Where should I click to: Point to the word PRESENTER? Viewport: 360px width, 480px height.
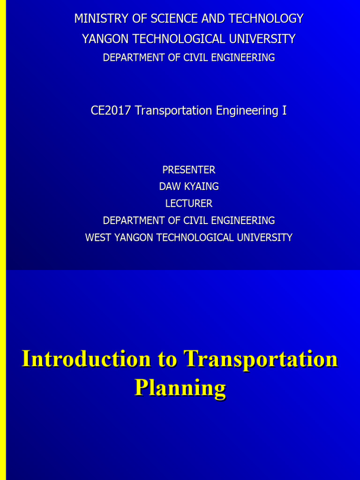pos(189,170)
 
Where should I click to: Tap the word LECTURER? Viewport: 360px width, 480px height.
pos(189,203)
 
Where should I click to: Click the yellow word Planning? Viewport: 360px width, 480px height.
pos(180,388)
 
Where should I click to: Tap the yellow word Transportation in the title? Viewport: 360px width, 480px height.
pos(261,359)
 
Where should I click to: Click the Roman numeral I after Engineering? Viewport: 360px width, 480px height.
pos(285,111)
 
